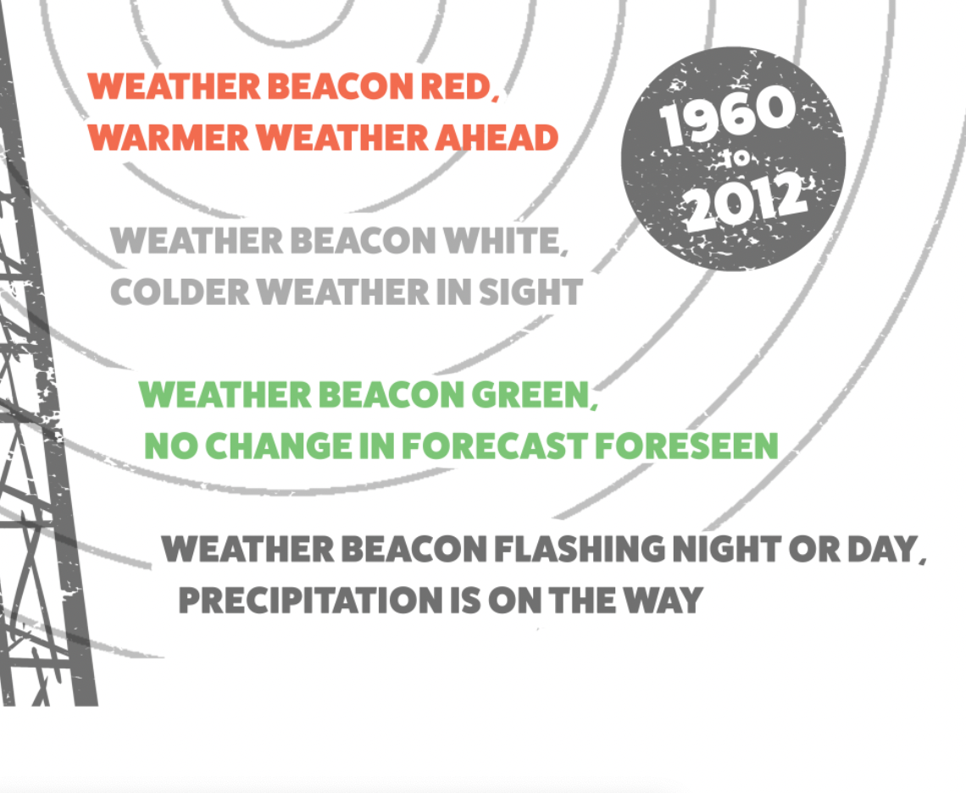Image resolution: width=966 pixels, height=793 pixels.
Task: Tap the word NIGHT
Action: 728,550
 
